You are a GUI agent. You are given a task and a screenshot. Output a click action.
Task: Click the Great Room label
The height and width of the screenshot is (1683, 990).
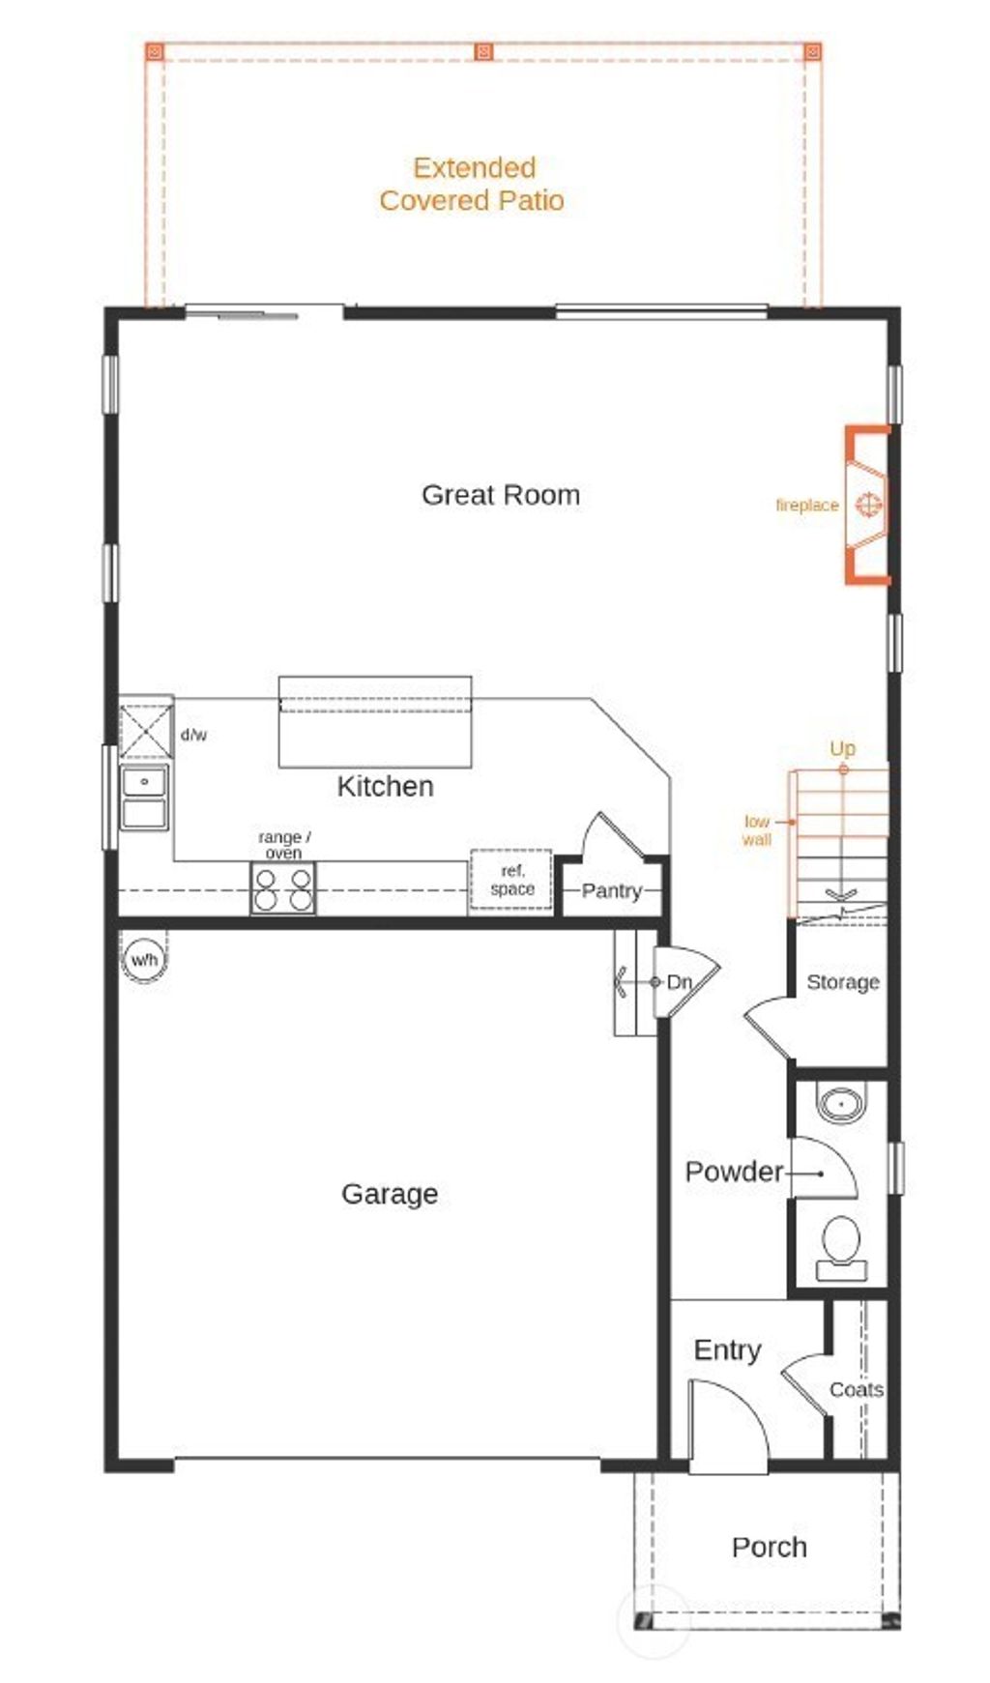(x=501, y=495)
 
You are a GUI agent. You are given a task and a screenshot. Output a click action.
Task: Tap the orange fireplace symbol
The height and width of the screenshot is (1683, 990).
(x=867, y=505)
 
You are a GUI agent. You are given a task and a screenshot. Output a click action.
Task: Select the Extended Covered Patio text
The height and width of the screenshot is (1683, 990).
(x=473, y=184)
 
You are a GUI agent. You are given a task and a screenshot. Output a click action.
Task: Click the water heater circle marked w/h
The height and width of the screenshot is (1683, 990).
(x=144, y=960)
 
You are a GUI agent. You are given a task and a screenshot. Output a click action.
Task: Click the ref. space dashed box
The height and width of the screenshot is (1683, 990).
(x=511, y=880)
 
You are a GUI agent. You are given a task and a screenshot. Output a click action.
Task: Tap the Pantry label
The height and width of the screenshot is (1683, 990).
(x=611, y=890)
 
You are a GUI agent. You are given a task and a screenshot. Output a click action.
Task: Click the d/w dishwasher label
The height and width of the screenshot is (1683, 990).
(x=193, y=735)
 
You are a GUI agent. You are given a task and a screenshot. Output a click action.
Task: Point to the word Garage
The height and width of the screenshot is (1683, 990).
(x=390, y=1194)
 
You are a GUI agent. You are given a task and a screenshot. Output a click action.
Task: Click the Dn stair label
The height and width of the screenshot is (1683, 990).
(x=679, y=982)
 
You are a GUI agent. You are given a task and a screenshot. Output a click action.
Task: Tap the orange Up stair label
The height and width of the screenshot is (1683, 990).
(x=842, y=748)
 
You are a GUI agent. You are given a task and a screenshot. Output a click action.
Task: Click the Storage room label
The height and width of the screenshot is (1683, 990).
(x=842, y=982)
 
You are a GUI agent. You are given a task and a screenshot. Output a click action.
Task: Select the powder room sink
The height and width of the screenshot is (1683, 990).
(x=841, y=1103)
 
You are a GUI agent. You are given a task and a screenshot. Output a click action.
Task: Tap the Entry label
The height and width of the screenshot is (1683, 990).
(x=727, y=1349)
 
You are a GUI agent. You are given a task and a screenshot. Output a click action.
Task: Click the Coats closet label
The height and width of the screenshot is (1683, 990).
(x=856, y=1389)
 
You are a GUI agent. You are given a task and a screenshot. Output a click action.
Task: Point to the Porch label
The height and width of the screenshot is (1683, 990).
(x=769, y=1547)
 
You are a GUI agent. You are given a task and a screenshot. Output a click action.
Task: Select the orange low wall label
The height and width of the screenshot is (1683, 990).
(x=756, y=830)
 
